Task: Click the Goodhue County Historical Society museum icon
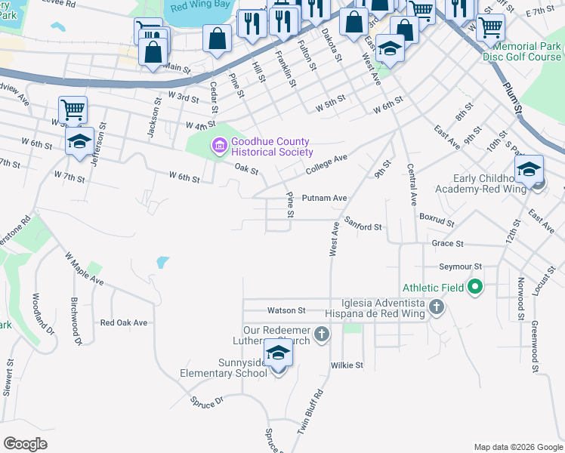click(x=219, y=143)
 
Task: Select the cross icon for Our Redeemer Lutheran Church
click(x=321, y=334)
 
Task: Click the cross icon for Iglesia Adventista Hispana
click(x=436, y=307)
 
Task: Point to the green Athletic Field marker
click(x=474, y=287)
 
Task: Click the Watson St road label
click(x=286, y=310)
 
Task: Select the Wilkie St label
click(x=347, y=365)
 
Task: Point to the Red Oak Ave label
click(x=124, y=322)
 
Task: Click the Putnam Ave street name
click(x=324, y=198)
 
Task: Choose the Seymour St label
click(x=460, y=267)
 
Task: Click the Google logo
click(x=26, y=443)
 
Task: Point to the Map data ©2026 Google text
click(x=517, y=447)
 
